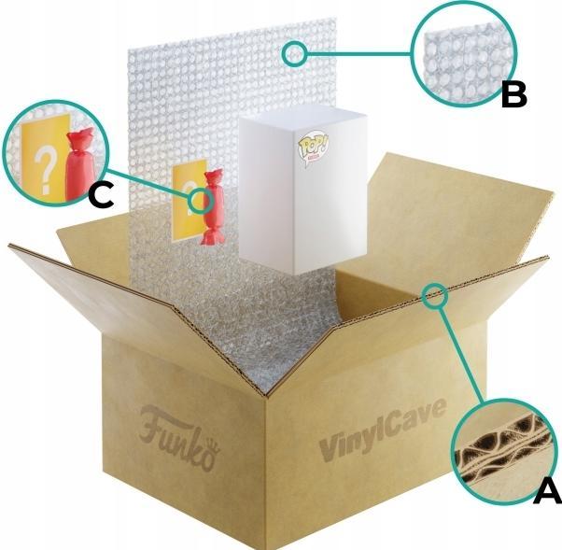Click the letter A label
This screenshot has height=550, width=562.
[x=544, y=487]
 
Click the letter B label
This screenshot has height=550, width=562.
[x=515, y=93]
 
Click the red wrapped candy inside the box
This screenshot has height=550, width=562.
[x=214, y=209]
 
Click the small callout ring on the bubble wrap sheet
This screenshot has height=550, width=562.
[x=295, y=52]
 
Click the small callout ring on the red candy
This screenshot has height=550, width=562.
[x=199, y=200]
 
